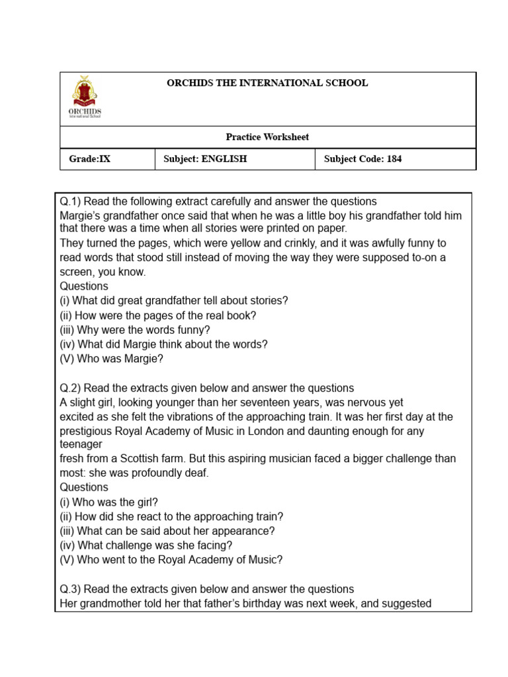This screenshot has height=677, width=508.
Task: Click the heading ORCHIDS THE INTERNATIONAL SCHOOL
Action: [x=267, y=83]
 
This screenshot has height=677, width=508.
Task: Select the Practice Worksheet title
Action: [x=267, y=138]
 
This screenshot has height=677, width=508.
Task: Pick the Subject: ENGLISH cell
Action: [x=205, y=159]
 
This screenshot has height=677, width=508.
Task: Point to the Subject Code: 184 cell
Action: [x=362, y=159]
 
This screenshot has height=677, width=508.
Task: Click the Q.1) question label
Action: [x=70, y=202]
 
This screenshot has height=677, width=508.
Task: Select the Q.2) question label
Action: [x=70, y=388]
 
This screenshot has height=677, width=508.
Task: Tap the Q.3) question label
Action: [x=70, y=589]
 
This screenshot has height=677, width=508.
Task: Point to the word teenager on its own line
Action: [x=81, y=445]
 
